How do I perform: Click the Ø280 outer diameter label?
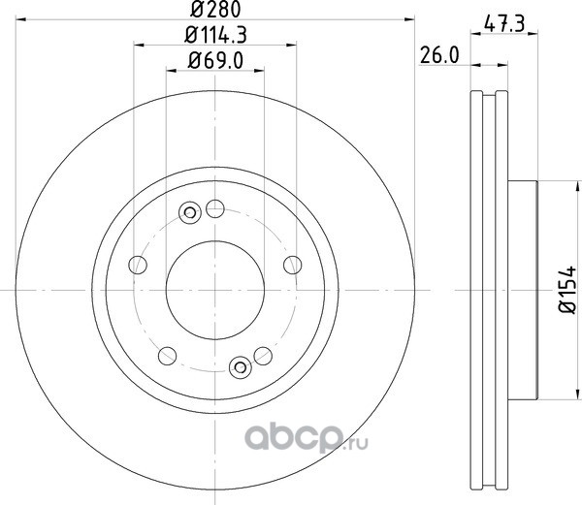coord(215,10)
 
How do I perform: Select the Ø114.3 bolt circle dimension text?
coord(215,35)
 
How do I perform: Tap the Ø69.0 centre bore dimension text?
coord(215,60)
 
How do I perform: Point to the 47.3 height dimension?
coord(504,24)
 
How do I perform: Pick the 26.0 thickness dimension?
coord(439,55)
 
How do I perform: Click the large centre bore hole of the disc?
coord(215,290)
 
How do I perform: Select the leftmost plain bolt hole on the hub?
coord(138,265)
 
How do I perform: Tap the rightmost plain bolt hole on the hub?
coord(293,265)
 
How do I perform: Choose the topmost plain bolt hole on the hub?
coord(215,208)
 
